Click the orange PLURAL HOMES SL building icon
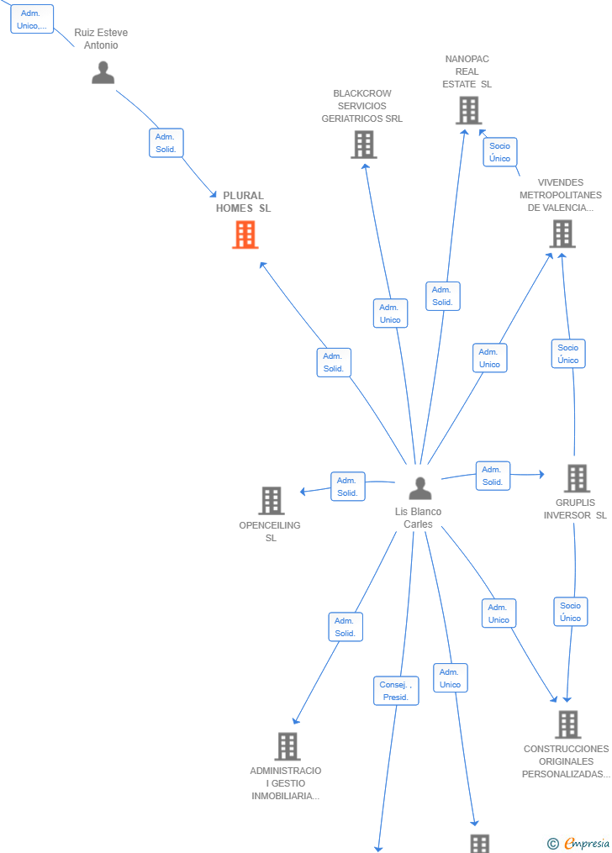(245, 235)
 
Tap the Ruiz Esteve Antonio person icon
(103, 72)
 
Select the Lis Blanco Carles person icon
(420, 488)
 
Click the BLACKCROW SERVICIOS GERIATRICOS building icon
(364, 145)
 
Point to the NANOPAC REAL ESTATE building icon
(469, 110)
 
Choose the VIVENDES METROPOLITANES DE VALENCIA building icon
(562, 234)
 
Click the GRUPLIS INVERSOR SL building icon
(577, 478)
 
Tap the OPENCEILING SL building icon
(272, 501)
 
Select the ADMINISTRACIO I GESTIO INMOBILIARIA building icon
(288, 745)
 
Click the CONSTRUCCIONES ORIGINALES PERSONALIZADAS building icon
(568, 724)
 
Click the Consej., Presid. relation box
(396, 691)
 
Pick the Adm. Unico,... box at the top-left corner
(32, 19)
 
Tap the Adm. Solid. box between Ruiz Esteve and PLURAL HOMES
(166, 143)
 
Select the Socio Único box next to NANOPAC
(500, 152)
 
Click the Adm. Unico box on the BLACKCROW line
(391, 313)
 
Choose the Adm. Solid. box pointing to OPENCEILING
(348, 487)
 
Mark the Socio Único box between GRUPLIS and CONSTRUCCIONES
(571, 612)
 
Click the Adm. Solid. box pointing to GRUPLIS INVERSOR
(493, 476)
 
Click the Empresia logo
(579, 843)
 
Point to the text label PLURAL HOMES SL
(243, 202)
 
